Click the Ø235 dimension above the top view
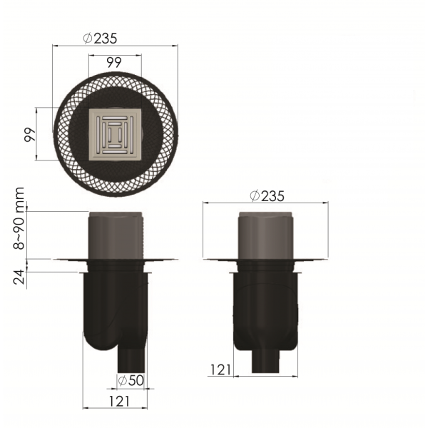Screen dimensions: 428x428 coord(100,39)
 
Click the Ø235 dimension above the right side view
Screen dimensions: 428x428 coord(267,196)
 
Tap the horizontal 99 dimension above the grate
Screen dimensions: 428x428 coord(114,63)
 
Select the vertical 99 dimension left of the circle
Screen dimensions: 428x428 coord(30,134)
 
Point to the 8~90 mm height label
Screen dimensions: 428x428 coord(19,218)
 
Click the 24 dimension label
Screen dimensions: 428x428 coord(19,277)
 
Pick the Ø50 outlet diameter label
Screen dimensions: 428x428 coord(131,380)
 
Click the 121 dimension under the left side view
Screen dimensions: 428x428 coord(119,401)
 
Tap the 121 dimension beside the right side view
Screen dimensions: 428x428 coord(220,370)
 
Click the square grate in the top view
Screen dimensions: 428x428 coord(115,135)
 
